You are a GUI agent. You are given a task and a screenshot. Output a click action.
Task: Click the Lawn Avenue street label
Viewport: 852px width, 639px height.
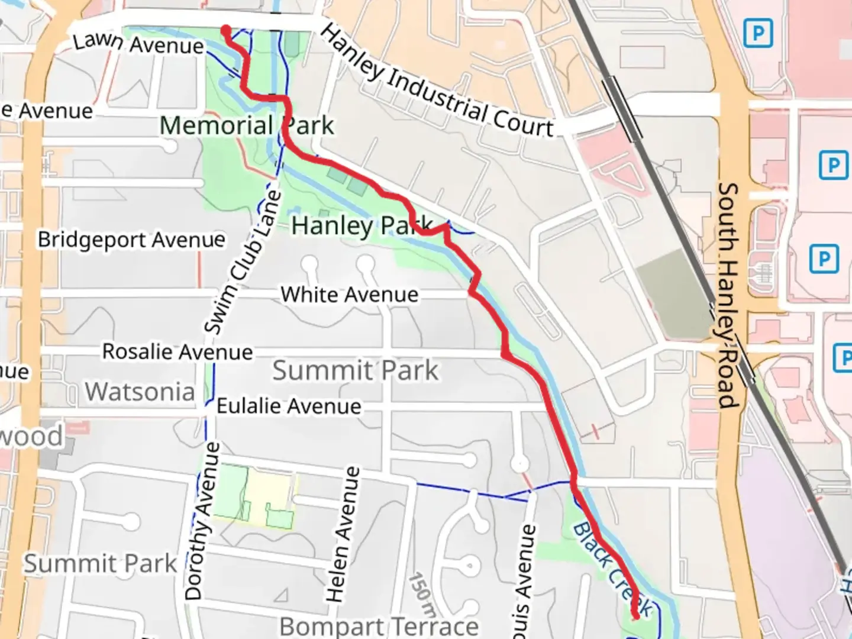point(138,43)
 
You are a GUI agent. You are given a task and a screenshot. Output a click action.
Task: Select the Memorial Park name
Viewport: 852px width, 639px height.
point(247,125)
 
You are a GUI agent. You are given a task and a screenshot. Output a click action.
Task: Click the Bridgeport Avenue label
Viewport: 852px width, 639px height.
point(131,240)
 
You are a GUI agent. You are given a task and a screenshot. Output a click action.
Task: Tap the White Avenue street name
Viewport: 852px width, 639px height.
point(349,294)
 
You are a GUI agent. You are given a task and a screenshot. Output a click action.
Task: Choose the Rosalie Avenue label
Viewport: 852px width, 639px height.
point(177,351)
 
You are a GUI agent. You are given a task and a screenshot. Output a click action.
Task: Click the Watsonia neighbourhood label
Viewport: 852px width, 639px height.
point(140,392)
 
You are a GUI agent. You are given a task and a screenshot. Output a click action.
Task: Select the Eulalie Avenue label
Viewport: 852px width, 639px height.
point(289,406)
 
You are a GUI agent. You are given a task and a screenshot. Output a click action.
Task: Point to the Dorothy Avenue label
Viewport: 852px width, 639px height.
point(202,521)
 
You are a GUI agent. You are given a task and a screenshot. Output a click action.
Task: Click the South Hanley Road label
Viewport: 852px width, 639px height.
point(728,295)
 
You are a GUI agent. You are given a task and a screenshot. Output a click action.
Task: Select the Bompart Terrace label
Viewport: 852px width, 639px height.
point(379,626)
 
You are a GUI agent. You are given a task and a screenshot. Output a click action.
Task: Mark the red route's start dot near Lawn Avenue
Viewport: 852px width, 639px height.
point(226,30)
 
